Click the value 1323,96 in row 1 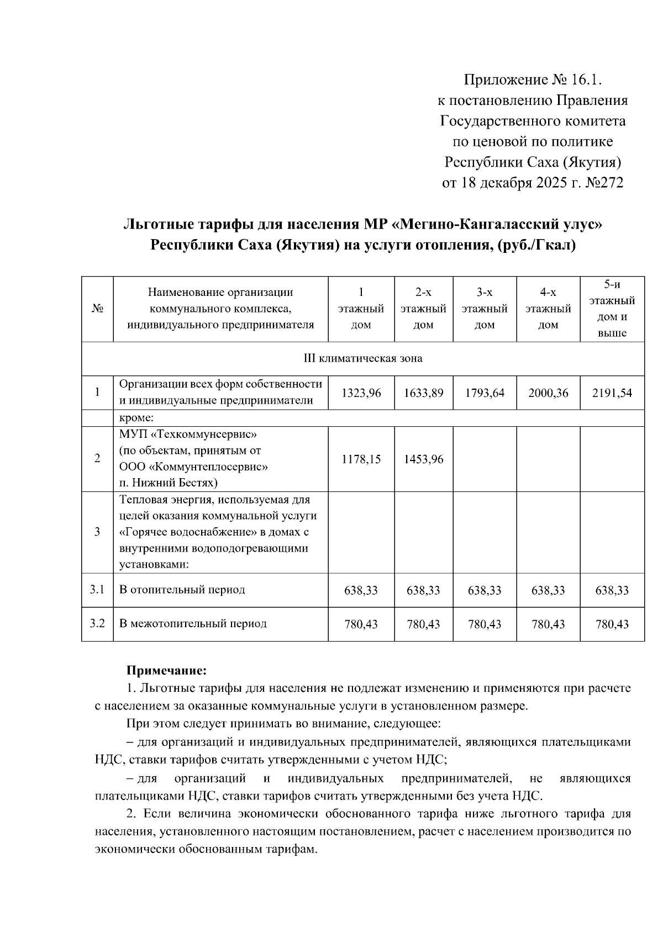coord(361,393)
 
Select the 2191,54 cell coord(612,393)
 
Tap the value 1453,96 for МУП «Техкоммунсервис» coord(423,459)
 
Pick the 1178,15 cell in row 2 coord(361,459)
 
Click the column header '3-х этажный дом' coord(485,309)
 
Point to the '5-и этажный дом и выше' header coord(612,309)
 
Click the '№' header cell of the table coord(97,309)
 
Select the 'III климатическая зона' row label coord(363,359)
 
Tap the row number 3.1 coord(97,589)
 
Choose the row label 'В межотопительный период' coord(193,623)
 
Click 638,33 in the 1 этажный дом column coord(361,590)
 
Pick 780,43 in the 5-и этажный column coord(612,624)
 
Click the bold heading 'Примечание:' coord(166,671)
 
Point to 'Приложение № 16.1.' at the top coord(532,80)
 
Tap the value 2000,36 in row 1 coord(548,393)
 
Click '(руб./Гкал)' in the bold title coord(536,245)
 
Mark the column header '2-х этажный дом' coord(423,309)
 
